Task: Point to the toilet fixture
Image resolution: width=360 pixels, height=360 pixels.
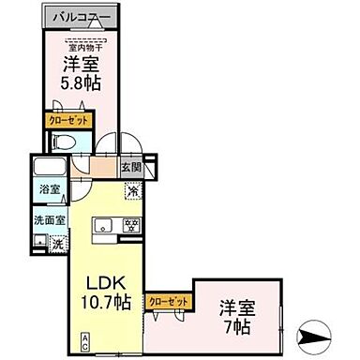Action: click(64, 142)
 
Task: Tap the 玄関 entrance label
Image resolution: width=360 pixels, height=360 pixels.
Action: click(129, 169)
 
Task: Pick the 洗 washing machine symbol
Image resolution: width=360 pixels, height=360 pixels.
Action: click(58, 243)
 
